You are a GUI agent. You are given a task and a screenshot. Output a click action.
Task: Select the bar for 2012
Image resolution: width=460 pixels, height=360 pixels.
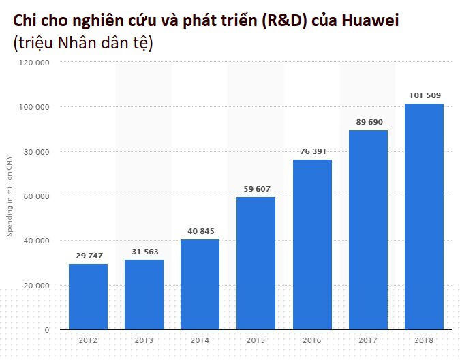click(88, 297)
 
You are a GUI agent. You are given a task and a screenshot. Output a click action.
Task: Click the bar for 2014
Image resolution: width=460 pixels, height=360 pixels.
click(200, 284)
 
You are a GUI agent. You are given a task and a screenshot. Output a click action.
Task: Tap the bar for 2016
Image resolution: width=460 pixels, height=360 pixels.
click(312, 244)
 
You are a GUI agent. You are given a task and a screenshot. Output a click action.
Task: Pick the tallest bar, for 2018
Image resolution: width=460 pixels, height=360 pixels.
click(424, 216)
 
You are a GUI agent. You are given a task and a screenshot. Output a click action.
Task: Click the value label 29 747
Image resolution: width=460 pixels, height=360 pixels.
click(88, 256)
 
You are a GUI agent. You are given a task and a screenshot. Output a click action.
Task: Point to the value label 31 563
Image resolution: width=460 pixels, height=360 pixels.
click(144, 252)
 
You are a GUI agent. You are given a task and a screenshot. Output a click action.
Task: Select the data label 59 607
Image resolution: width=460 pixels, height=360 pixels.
click(256, 189)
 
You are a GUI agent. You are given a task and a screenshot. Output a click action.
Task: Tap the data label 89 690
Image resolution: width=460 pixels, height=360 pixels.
click(368, 122)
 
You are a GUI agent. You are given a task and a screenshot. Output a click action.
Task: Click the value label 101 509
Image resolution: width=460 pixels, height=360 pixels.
click(424, 95)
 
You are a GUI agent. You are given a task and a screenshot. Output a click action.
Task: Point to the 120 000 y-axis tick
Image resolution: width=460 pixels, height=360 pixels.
click(35, 63)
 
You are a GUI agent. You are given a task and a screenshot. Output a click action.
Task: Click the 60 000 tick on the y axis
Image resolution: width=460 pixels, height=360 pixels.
click(37, 196)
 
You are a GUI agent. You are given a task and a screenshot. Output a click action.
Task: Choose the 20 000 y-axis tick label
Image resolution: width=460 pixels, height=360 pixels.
click(37, 285)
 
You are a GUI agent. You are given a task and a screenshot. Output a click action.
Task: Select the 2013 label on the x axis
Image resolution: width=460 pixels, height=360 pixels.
click(144, 340)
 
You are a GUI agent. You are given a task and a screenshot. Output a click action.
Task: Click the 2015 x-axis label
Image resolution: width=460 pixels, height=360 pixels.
click(256, 340)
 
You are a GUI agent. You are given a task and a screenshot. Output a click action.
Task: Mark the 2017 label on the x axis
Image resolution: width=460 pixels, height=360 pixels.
click(368, 340)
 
